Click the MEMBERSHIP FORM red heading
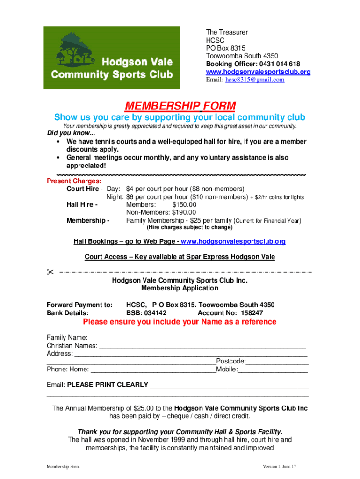pyautogui.click(x=180, y=105)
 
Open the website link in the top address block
pyautogui.click(x=258, y=72)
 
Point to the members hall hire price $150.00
pyautogui.click(x=184, y=205)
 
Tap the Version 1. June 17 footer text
pyautogui.click(x=280, y=467)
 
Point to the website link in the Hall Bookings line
pyautogui.click(x=233, y=242)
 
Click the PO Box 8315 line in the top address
pyautogui.click(x=225, y=48)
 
